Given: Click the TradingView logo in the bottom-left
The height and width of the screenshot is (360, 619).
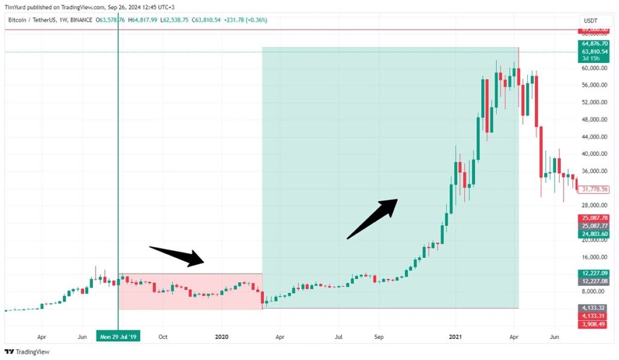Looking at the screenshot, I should tap(27, 352).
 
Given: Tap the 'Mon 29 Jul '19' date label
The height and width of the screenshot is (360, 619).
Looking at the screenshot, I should tap(118, 336).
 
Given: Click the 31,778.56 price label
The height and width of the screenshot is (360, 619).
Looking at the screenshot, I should tap(594, 190).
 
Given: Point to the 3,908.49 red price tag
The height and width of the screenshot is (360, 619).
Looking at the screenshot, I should tap(594, 324).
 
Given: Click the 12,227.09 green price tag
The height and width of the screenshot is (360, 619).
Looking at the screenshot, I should tap(594, 273).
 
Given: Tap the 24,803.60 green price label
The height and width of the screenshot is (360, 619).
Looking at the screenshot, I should tap(594, 234).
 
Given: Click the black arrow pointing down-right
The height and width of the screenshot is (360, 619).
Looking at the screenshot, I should tap(177, 256).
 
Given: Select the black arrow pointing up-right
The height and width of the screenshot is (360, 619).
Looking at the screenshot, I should tap(372, 219).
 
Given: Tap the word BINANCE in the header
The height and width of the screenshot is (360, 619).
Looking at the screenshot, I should tap(77, 20).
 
